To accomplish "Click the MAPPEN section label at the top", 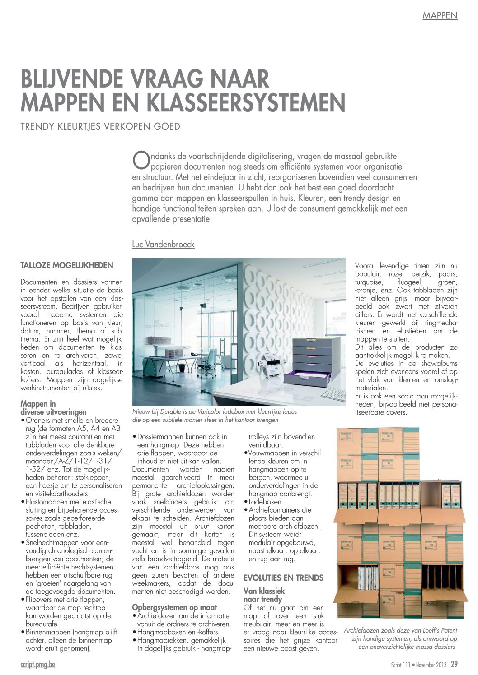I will (x=440, y=16).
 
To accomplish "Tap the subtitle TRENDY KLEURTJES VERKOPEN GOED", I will (x=100, y=126).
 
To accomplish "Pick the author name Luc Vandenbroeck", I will (x=163, y=245).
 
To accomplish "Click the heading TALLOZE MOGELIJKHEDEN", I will (x=67, y=264).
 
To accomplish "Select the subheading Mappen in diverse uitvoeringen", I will (x=53, y=407).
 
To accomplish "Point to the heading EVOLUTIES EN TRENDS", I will (x=283, y=578).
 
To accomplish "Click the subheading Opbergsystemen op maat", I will (x=174, y=607).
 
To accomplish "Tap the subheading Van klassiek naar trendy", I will (x=264, y=595).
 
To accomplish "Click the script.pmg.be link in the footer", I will (x=38, y=665).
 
